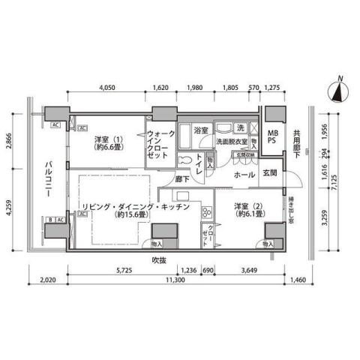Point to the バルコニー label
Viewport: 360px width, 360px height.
tap(46, 178)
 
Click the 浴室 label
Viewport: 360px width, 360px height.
tap(201, 130)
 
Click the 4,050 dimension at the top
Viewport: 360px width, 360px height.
tap(110, 86)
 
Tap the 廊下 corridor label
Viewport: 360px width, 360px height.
tap(182, 179)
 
